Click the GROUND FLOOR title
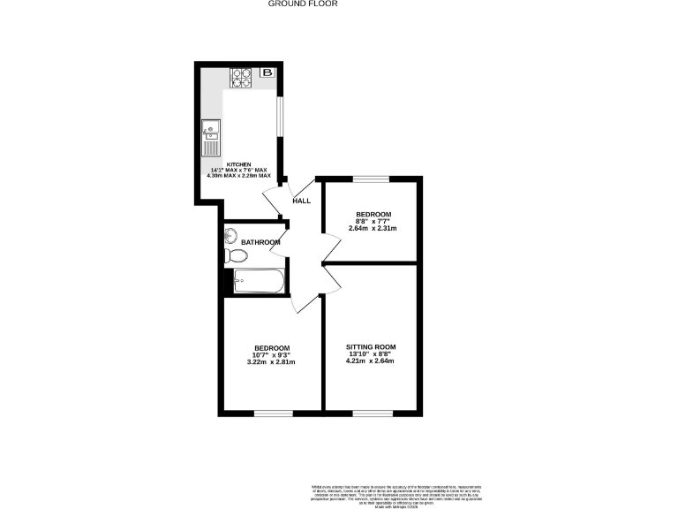pyautogui.click(x=303, y=4)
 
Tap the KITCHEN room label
pyautogui.click(x=238, y=165)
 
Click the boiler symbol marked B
pyautogui.click(x=267, y=72)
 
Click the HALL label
pyautogui.click(x=301, y=201)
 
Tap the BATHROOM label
pyautogui.click(x=260, y=243)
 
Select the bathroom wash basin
pyautogui.click(x=230, y=236)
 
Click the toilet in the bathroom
pyautogui.click(x=236, y=256)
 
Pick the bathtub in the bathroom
pyautogui.click(x=258, y=282)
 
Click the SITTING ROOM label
pyautogui.click(x=371, y=346)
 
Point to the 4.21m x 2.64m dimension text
pyautogui.click(x=371, y=361)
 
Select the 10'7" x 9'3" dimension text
pyautogui.click(x=272, y=355)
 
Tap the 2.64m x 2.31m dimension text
pyautogui.click(x=373, y=229)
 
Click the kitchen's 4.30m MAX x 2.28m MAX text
pyautogui.click(x=238, y=175)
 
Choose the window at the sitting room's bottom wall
pyautogui.click(x=371, y=412)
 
